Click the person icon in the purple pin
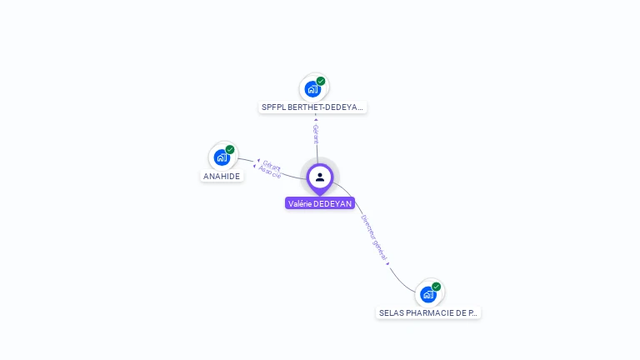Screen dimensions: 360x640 click(x=320, y=177)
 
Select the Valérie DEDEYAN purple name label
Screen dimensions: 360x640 click(x=320, y=203)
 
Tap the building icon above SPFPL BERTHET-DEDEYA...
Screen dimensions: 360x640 click(x=312, y=88)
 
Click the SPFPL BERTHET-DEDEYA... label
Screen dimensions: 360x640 click(x=312, y=107)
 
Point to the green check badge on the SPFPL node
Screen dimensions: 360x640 click(x=321, y=81)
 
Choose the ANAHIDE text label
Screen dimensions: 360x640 click(x=222, y=177)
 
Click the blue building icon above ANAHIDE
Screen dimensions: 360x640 click(x=221, y=157)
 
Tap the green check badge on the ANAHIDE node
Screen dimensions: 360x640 click(x=230, y=150)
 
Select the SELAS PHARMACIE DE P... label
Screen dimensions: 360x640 click(x=428, y=313)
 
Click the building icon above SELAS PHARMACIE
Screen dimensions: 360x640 click(x=427, y=294)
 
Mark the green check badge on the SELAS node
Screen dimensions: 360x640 click(x=436, y=287)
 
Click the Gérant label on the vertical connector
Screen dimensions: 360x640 click(x=316, y=134)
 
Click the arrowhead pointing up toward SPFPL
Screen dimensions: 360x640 click(x=316, y=119)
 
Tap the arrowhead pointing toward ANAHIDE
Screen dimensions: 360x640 click(x=258, y=161)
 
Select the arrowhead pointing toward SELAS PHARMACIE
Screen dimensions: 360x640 click(x=388, y=265)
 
